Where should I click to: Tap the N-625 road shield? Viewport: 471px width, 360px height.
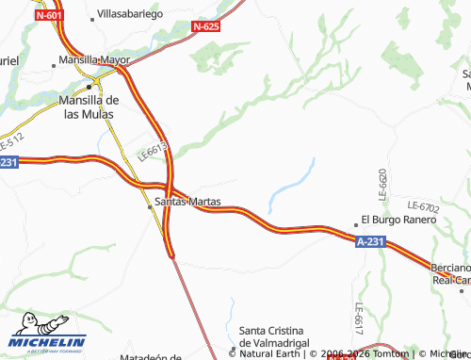pyautogui.click(x=205, y=27)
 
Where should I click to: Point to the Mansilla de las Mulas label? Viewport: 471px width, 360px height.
pyautogui.click(x=87, y=106)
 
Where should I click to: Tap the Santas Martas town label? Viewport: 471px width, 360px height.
pyautogui.click(x=187, y=202)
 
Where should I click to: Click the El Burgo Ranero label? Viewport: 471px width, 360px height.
pyautogui.click(x=399, y=220)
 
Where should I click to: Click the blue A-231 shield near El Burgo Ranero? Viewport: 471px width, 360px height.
pyautogui.click(x=370, y=242)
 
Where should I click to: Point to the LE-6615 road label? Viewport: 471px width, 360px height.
pyautogui.click(x=153, y=149)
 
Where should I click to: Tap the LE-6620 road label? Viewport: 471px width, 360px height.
pyautogui.click(x=383, y=185)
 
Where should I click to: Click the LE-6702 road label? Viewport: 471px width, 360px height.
pyautogui.click(x=423, y=205)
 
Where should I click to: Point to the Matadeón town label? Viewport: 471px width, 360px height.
pyautogui.click(x=151, y=356)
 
